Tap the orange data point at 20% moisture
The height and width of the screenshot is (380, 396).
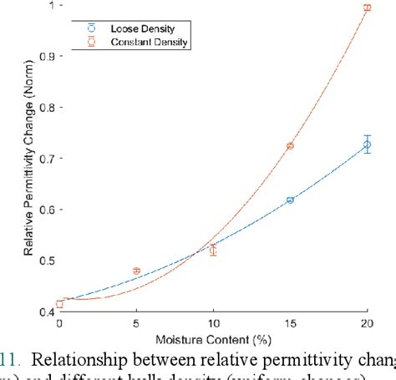(x=367, y=8)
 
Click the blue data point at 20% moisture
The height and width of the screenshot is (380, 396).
(x=367, y=144)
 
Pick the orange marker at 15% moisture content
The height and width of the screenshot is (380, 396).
(x=290, y=146)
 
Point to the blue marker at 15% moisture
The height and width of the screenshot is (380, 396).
(x=290, y=200)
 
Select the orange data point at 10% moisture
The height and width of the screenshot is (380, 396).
(x=213, y=250)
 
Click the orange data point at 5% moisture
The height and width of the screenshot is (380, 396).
(x=136, y=271)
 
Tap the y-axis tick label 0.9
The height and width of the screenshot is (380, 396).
(x=43, y=57)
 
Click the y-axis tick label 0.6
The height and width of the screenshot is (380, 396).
(x=43, y=210)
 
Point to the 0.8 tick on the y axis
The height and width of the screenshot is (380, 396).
(x=43, y=108)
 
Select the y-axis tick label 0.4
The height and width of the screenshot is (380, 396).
(x=43, y=312)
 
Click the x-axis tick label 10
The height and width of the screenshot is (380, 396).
(x=213, y=323)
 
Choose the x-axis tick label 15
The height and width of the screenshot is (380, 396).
(x=290, y=323)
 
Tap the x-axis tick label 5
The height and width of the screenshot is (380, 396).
(x=136, y=323)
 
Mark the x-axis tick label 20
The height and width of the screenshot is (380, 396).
(x=367, y=323)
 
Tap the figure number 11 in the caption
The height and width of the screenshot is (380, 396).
(x=8, y=361)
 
